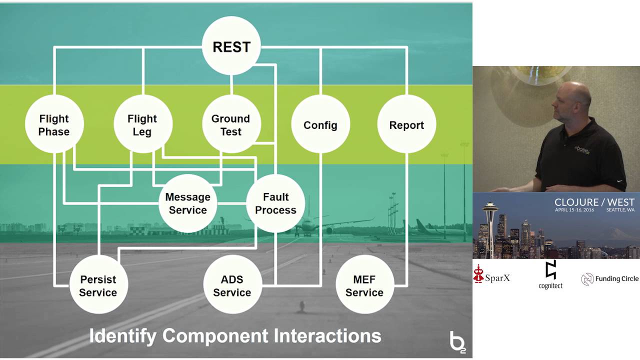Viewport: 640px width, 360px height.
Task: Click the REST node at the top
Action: [231, 46]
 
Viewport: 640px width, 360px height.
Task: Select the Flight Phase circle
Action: [54, 124]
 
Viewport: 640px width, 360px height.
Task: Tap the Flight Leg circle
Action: [142, 124]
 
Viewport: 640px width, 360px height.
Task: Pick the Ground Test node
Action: [230, 124]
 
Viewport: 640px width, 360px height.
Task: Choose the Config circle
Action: [320, 124]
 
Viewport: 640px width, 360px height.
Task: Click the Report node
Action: [406, 124]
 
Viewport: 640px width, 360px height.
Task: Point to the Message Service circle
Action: [187, 203]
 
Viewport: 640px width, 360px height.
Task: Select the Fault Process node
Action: [275, 203]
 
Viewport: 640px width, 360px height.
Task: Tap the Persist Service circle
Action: [98, 285]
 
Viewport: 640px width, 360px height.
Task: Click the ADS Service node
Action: [232, 285]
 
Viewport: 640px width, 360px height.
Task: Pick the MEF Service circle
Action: [364, 285]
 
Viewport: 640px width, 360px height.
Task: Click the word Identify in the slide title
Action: [122, 335]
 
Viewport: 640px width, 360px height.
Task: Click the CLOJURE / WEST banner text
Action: [594, 202]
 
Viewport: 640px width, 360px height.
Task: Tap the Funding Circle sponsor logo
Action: [609, 279]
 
